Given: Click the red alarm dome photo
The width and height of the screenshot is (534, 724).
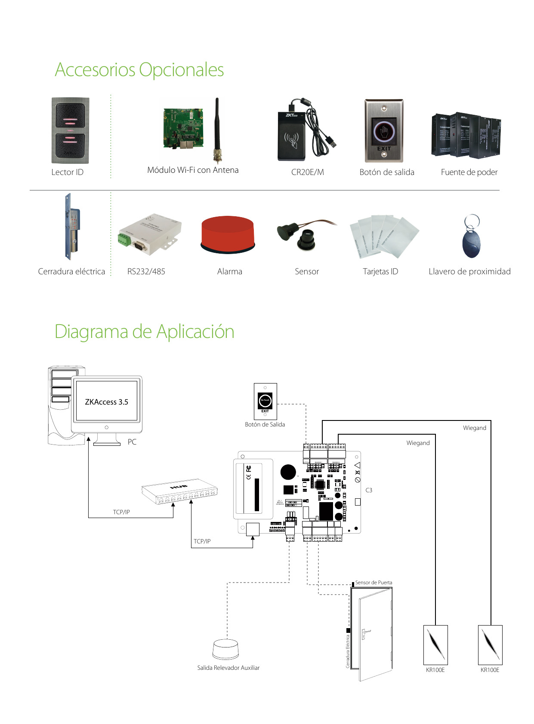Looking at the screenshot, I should [x=228, y=234].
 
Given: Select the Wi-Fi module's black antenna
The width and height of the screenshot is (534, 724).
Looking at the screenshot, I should [x=217, y=129].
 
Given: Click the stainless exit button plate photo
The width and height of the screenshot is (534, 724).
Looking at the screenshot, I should [x=384, y=131].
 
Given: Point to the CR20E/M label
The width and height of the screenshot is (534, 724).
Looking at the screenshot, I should [x=307, y=172].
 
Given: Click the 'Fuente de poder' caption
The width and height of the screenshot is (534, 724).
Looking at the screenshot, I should [x=469, y=172].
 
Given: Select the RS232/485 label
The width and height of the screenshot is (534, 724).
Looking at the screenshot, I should [x=146, y=272].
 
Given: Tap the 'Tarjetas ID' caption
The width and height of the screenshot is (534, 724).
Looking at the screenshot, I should [x=380, y=272].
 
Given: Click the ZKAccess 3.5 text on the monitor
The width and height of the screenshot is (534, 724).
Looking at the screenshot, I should [x=106, y=402].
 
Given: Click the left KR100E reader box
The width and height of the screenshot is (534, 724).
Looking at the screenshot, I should [x=435, y=645].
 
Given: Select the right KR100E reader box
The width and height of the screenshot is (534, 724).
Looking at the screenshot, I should [x=490, y=645].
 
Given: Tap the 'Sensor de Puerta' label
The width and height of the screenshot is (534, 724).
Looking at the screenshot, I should [x=373, y=583].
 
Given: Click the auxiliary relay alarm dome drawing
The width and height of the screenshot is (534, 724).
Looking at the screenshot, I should [x=225, y=649].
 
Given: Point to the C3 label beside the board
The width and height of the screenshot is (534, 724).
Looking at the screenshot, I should [x=369, y=490].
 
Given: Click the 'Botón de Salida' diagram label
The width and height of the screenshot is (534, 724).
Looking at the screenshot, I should [x=265, y=424].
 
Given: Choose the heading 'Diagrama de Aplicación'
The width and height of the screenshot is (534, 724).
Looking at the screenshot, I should [x=144, y=332].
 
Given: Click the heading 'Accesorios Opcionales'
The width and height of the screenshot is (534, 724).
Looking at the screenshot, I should [x=139, y=70].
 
